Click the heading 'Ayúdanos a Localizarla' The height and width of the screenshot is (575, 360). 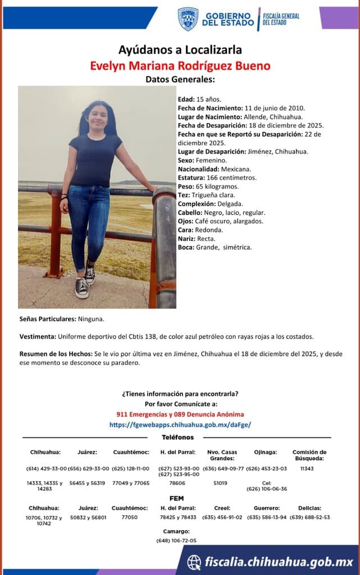180,50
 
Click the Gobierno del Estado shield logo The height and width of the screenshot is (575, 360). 188,19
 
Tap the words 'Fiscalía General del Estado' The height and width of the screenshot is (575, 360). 281,19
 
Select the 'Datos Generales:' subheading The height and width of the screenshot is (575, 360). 180,80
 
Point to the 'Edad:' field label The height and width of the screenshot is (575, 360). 186,99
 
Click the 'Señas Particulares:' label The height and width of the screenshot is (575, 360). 47,319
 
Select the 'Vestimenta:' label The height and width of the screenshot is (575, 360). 38,336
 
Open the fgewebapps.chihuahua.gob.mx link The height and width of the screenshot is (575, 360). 180,425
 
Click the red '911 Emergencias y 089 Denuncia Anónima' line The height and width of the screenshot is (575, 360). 180,414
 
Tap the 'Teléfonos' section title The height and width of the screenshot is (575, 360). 177,437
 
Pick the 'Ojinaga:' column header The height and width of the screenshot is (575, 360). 265,452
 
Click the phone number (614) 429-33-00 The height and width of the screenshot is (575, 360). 46,468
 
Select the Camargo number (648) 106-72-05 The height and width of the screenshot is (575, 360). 176,540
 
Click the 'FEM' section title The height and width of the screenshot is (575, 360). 176,498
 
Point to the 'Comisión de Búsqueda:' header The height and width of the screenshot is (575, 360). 309,455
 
